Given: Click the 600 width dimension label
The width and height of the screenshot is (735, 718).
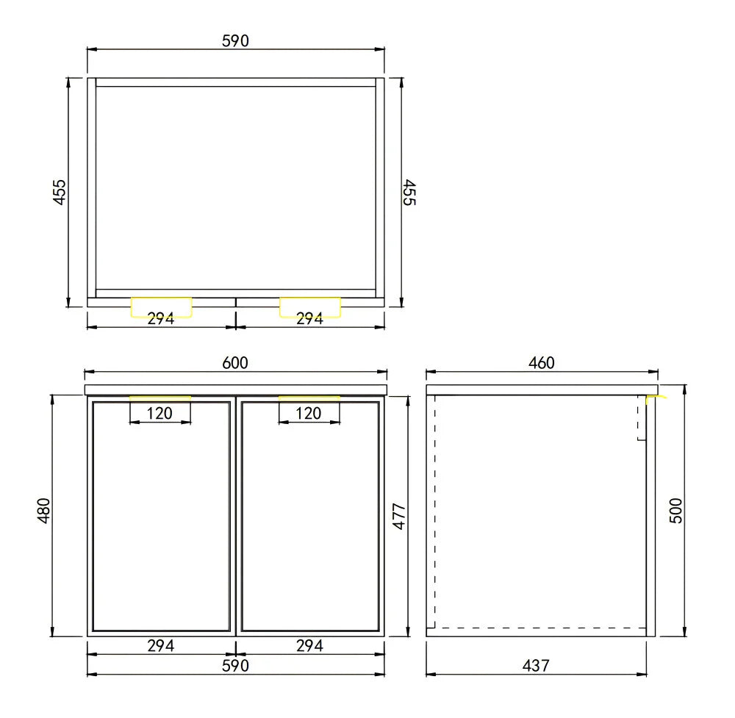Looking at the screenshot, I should click(235, 362).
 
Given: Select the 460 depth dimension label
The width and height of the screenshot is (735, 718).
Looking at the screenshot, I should click(542, 362).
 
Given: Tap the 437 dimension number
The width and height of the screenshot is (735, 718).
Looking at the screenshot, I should click(537, 666).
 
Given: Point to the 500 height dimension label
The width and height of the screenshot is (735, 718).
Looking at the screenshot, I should click(676, 510).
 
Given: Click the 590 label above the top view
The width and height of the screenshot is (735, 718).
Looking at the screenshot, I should click(235, 41).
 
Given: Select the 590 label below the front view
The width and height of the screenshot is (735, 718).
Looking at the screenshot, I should click(235, 666).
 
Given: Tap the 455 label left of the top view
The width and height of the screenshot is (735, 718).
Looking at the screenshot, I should click(60, 192).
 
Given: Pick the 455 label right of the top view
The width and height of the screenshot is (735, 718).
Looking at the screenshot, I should click(409, 192).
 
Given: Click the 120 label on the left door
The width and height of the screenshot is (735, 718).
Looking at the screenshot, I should click(159, 413).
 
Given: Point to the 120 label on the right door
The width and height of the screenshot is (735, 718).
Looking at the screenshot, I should click(309, 413).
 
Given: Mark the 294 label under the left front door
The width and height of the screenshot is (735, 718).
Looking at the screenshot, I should click(161, 646).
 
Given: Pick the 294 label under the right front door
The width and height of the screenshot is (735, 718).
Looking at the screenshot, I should click(309, 646).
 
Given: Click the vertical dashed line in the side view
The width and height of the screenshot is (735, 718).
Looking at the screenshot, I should click(434, 514).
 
